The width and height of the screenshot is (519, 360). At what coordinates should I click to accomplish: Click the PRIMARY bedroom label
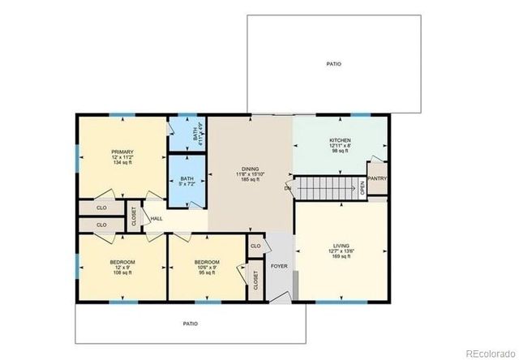point(122,151)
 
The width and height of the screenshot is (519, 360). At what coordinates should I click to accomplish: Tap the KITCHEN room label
point(339,139)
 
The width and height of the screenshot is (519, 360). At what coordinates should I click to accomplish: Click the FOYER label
point(279,264)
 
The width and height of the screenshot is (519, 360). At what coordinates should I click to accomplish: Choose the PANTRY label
point(376,178)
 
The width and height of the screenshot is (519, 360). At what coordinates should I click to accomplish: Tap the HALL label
point(156,218)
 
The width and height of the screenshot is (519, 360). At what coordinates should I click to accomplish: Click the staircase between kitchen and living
point(327,189)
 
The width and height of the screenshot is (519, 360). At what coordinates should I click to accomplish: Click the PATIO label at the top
point(334,63)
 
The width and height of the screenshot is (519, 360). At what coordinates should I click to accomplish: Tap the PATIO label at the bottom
point(190,324)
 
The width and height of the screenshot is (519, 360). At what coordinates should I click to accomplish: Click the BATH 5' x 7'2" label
point(187,179)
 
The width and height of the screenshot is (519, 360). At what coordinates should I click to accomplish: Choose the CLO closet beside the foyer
point(255,245)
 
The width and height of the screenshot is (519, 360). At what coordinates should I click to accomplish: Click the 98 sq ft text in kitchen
point(339,151)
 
